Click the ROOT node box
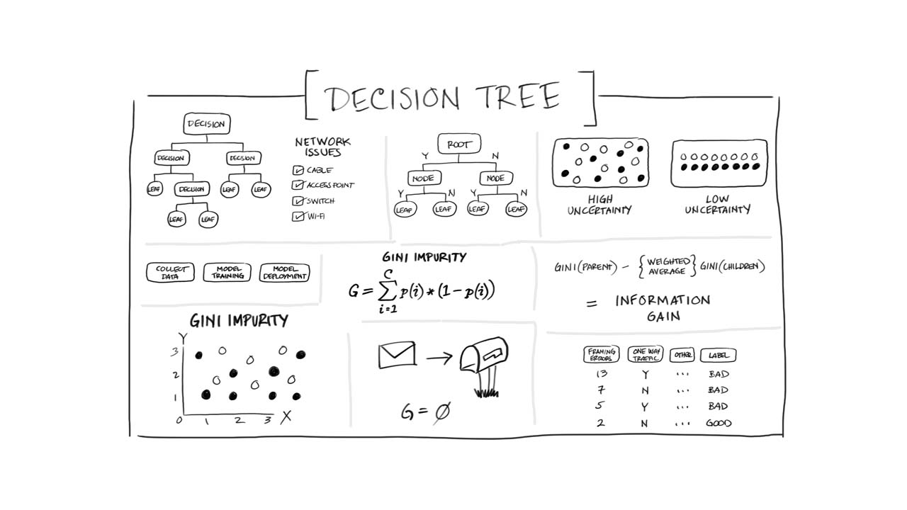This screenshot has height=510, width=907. pos(459,144)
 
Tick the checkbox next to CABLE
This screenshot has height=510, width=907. pos(298,170)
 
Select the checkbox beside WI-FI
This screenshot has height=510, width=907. pos(298,217)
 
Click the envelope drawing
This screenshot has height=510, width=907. pos(397,354)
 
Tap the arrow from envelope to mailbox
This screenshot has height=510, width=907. pos(439,358)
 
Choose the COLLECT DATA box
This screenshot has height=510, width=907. pos(171,273)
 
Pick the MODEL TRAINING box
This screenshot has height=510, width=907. pos(227,273)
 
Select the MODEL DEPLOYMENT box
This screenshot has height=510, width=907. pos(285,273)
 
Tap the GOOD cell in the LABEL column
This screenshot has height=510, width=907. pos(719,423)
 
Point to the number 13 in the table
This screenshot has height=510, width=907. pos(602,374)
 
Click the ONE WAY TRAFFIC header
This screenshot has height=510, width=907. pos(645,355)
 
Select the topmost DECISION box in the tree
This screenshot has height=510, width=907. pos(206,124)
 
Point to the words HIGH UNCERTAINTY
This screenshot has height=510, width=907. pos(599,205)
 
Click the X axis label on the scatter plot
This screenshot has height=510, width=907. pos(286,417)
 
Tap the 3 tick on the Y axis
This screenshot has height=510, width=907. pos(174,352)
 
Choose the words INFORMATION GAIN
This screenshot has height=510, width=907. pos(663,307)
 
